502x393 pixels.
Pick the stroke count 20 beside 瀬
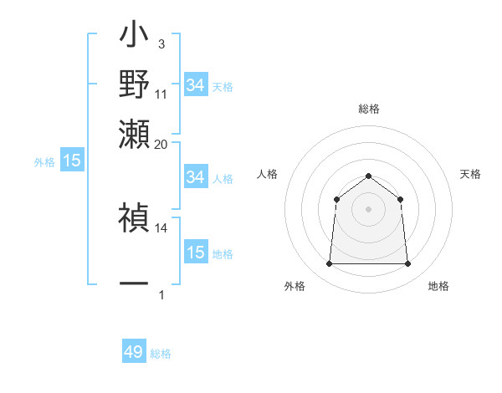[x=161, y=144]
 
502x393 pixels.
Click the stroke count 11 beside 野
[x=161, y=94]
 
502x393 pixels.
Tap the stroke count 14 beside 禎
[x=161, y=227]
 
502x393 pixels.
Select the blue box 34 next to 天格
[x=196, y=85]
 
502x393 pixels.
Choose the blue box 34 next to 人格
[x=196, y=177]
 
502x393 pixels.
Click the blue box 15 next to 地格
[x=196, y=253]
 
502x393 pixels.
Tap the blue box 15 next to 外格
[x=72, y=161]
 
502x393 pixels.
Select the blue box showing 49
[x=134, y=352]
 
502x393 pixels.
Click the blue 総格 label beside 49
[x=161, y=354]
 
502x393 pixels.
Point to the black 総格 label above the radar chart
[x=369, y=110]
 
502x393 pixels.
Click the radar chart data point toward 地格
[x=407, y=264]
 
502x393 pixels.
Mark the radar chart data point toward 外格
[x=329, y=264]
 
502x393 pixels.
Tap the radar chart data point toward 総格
[x=369, y=176]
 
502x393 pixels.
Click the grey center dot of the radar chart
[x=369, y=209]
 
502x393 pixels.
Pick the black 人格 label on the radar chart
[x=268, y=174]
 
